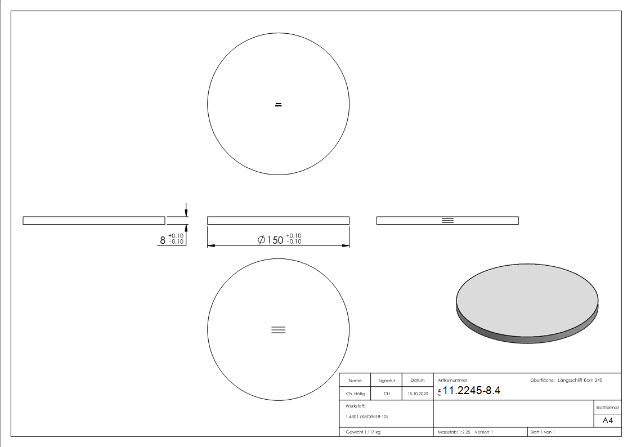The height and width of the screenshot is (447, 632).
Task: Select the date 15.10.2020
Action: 418,394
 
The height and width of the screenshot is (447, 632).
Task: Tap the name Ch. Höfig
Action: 355,394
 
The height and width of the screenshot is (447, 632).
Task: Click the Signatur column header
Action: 387,381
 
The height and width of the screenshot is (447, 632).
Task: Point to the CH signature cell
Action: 387,394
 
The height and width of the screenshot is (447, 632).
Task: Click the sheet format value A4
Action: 607,421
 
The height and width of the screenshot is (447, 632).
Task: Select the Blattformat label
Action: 607,407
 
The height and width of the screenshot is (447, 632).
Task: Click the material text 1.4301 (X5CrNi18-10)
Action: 367,417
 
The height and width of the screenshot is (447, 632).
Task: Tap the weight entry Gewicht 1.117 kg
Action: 364,432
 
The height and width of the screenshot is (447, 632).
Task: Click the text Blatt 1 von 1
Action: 543,432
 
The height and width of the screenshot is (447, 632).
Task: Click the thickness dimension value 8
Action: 163,240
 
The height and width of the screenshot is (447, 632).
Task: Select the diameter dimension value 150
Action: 275,240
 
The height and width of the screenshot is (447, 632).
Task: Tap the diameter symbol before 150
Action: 261,240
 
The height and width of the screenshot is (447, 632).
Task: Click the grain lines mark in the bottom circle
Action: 278,330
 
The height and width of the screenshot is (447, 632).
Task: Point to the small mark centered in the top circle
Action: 278,104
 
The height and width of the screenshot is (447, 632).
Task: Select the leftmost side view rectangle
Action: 93,220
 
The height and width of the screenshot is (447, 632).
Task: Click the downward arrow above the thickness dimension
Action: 186,210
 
